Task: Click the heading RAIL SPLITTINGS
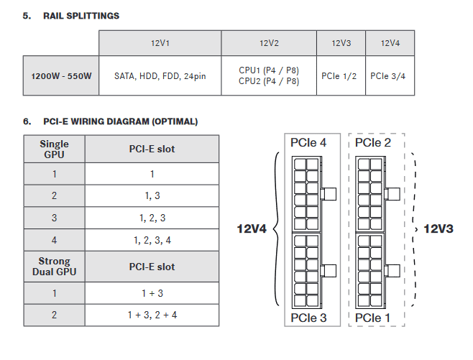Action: coord(81,16)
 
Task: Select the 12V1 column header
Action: coord(160,43)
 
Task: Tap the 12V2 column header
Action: coord(269,43)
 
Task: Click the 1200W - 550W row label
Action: coord(61,75)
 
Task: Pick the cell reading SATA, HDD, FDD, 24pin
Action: coord(160,75)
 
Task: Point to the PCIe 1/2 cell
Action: coord(341,75)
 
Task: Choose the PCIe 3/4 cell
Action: coord(390,75)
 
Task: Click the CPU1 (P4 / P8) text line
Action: coord(269,70)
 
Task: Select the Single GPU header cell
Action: coord(55,149)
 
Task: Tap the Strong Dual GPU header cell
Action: coord(55,267)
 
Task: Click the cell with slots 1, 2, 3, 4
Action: coord(152,240)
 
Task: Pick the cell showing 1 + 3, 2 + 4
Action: coord(152,315)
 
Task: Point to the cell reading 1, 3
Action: coord(152,195)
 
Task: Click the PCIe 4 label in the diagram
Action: coord(308,142)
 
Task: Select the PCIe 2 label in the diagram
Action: coord(373,142)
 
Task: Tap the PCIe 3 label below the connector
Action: coord(308,318)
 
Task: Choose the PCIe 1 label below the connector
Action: coord(372,318)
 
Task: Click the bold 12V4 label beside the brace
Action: coord(252,229)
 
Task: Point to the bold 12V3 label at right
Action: coord(438,229)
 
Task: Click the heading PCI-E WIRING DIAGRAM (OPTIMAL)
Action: coord(120,121)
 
